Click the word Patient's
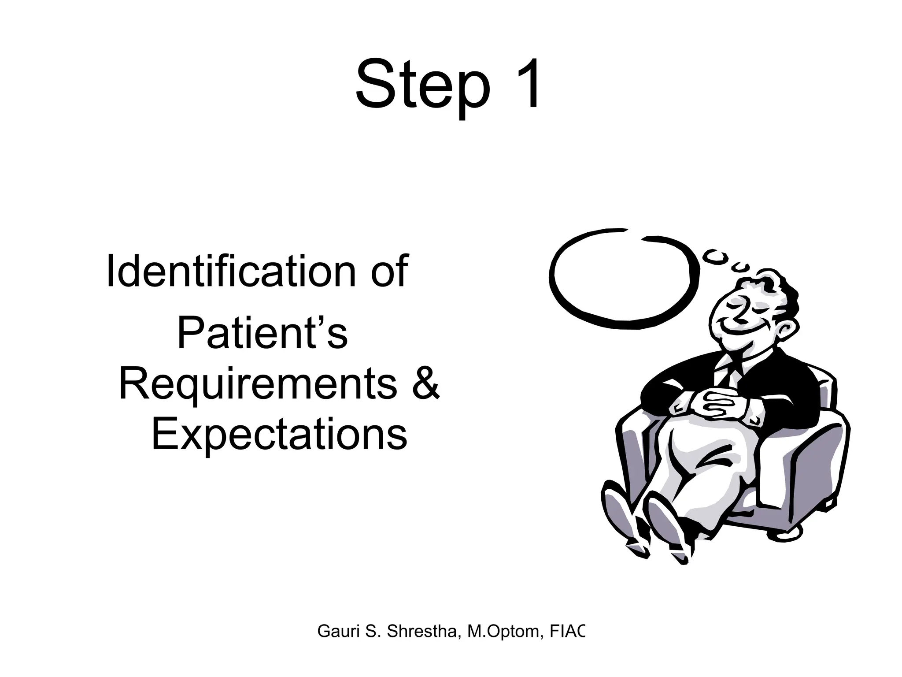coord(262,334)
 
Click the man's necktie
coord(731,375)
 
